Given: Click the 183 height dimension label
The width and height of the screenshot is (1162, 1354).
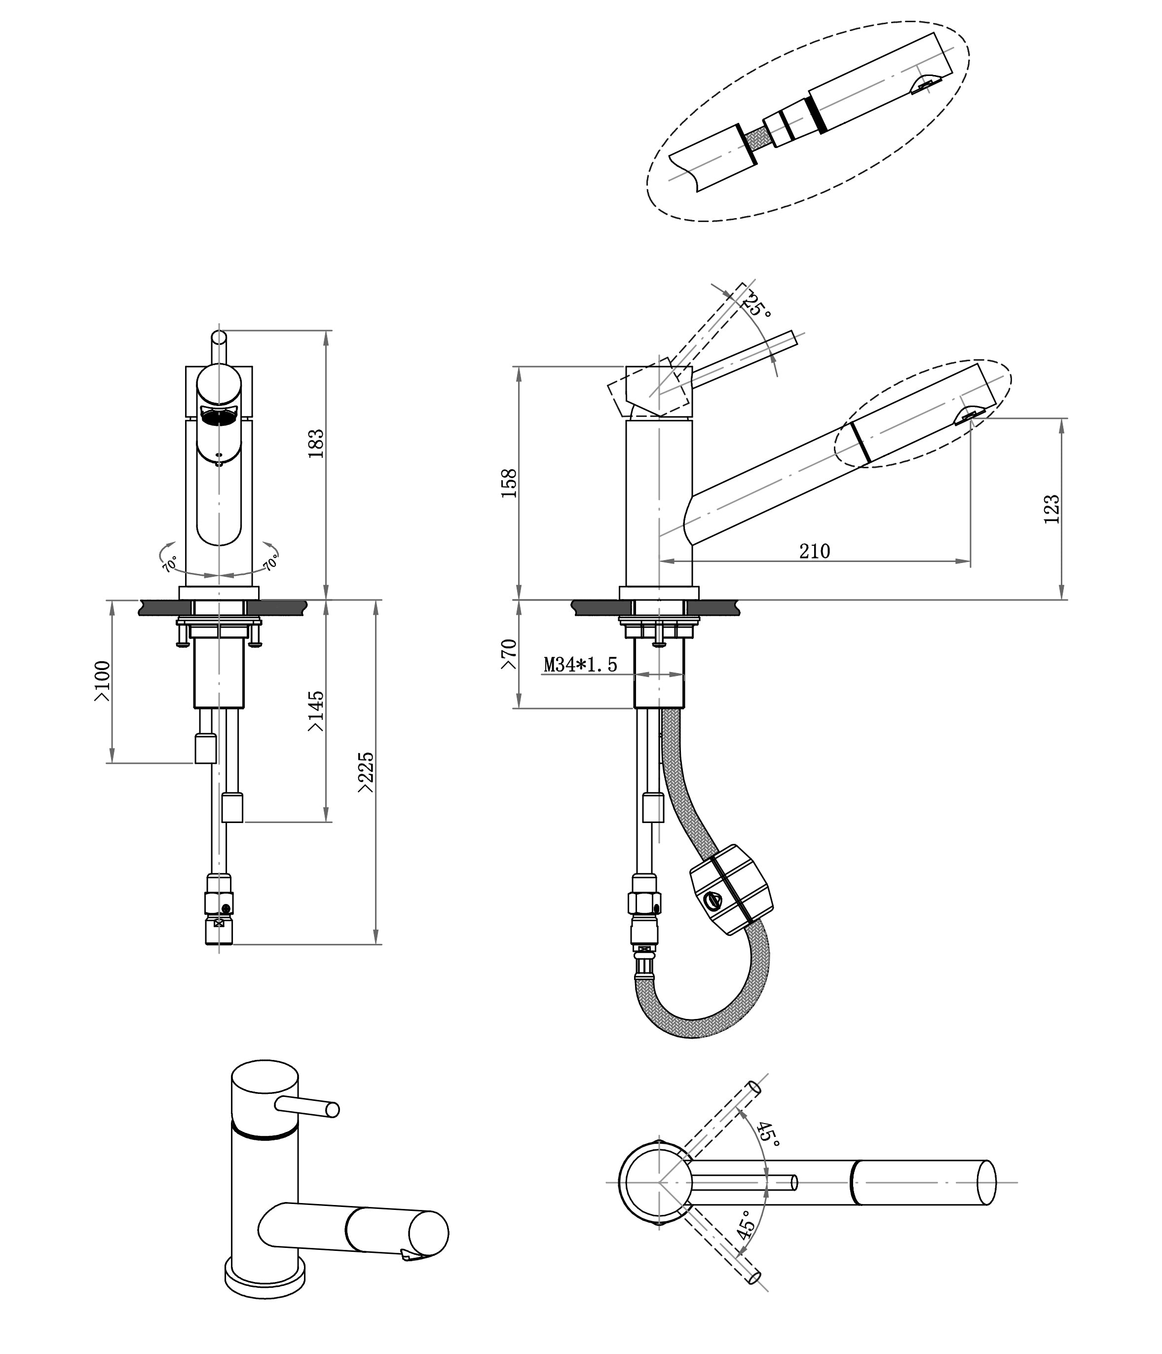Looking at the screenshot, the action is (x=316, y=443).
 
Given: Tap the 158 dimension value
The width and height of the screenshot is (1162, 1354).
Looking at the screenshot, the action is (x=509, y=484).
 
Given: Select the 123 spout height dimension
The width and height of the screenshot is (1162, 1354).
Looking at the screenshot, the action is (x=1051, y=509).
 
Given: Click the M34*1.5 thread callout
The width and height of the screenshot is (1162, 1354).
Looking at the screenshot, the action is (x=580, y=665).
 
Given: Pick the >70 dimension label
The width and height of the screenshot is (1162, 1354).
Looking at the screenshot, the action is (x=509, y=654).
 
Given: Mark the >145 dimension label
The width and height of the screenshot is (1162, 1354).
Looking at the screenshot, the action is (x=316, y=711).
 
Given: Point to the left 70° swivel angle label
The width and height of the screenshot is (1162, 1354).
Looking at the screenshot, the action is (x=169, y=564).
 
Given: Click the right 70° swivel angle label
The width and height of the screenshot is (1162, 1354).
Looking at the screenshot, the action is (x=270, y=562).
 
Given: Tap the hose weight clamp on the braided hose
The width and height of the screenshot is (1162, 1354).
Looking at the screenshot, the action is (x=731, y=889).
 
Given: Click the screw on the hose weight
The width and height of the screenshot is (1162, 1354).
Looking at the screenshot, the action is (x=715, y=901).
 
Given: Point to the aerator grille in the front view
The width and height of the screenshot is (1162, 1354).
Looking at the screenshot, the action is (x=218, y=415).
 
